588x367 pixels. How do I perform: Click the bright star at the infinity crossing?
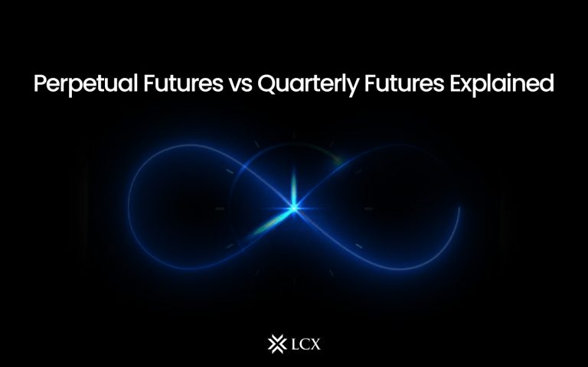293,205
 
